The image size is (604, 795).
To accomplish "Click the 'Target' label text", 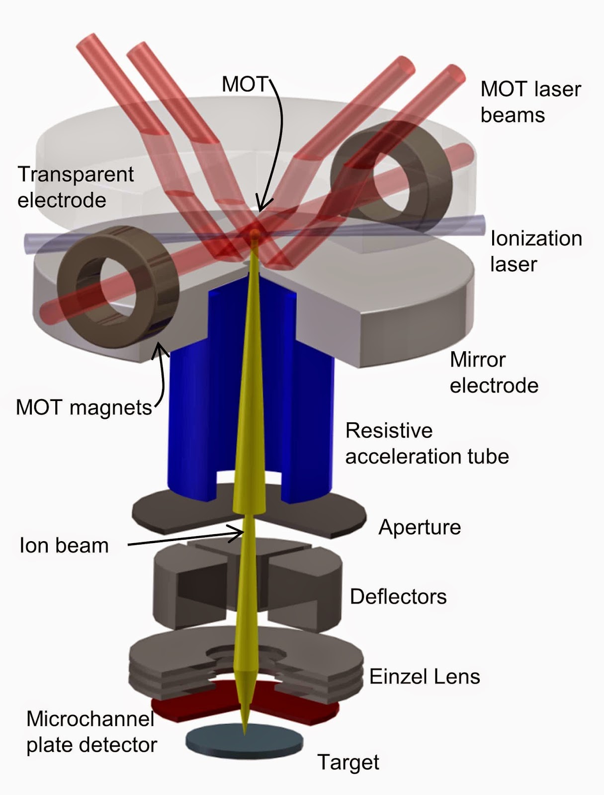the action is (x=348, y=762).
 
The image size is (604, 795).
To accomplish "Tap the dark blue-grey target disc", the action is (x=244, y=741).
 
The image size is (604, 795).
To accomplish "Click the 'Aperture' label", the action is (x=420, y=527).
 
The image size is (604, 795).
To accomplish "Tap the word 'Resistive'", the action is (x=389, y=430).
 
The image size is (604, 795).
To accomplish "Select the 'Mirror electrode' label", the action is (x=494, y=372).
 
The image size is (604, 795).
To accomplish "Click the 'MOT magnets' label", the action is (x=84, y=407).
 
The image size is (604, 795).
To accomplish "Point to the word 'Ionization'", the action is (x=536, y=238).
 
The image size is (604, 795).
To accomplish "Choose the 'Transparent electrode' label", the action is (x=76, y=187).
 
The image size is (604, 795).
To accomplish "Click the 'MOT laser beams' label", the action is (x=531, y=102).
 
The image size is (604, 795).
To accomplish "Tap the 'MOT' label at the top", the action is (x=245, y=84).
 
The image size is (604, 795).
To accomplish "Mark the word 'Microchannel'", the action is (x=90, y=718).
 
